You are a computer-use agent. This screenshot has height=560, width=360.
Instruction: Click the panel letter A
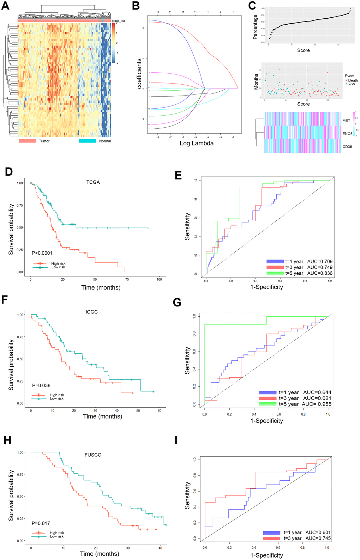coord(5,6)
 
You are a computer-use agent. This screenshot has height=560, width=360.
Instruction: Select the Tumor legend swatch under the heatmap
coord(28,141)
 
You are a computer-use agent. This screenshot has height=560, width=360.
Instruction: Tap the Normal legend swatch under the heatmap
coord(87,141)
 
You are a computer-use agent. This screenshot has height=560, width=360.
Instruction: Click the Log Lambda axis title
coord(196,143)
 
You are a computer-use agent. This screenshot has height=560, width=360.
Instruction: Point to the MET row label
coord(346,121)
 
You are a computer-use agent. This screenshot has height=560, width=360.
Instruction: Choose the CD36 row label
coord(347,147)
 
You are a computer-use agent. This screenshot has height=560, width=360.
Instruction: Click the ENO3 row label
coord(347,134)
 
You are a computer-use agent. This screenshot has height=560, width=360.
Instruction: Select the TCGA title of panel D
coord(93,182)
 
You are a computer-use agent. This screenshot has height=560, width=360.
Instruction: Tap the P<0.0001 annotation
coord(42,253)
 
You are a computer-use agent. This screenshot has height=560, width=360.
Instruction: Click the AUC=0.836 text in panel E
coord(320,273)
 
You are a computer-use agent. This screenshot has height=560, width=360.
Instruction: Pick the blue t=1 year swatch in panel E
coord(275,261)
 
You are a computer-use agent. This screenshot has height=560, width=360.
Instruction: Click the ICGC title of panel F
coord(92,312)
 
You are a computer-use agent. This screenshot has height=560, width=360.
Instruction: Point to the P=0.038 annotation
coord(41,385)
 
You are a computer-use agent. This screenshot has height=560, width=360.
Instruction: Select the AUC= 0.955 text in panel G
coord(317,404)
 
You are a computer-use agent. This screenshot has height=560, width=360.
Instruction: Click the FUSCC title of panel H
coord(93,455)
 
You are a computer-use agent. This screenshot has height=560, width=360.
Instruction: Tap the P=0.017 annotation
coord(41,523)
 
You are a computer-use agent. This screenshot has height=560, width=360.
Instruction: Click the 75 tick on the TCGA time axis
coord(127,279)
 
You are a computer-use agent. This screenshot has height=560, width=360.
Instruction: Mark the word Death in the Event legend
coord(353,80)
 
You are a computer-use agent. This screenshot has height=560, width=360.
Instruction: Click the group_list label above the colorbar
coord(118,21)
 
